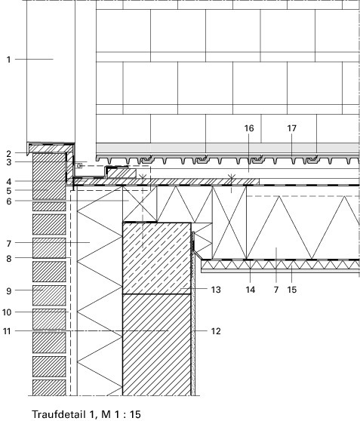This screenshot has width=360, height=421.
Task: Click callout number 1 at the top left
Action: (9, 60)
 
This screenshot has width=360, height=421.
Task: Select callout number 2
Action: (9, 154)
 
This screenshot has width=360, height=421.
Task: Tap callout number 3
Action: (9, 162)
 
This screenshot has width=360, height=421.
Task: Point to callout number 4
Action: (9, 182)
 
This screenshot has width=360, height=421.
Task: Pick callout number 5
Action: (9, 191)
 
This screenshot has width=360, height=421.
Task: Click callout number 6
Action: (9, 201)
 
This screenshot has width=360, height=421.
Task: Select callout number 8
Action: (9, 259)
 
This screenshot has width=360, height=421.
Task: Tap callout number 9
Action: (9, 290)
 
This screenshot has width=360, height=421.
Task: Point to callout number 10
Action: (7, 312)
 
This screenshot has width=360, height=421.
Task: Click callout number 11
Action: (7, 331)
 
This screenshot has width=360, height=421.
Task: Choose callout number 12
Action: (216, 331)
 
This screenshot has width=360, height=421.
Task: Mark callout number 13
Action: (216, 290)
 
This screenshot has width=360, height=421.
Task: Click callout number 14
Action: (250, 290)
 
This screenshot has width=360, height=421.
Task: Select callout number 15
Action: (292, 290)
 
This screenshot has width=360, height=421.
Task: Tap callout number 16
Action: (249, 128)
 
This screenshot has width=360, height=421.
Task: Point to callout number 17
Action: (292, 128)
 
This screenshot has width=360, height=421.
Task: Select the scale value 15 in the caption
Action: (135, 414)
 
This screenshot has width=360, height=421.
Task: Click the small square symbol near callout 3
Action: (79, 166)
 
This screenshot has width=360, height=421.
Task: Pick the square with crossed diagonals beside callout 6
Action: (140, 204)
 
